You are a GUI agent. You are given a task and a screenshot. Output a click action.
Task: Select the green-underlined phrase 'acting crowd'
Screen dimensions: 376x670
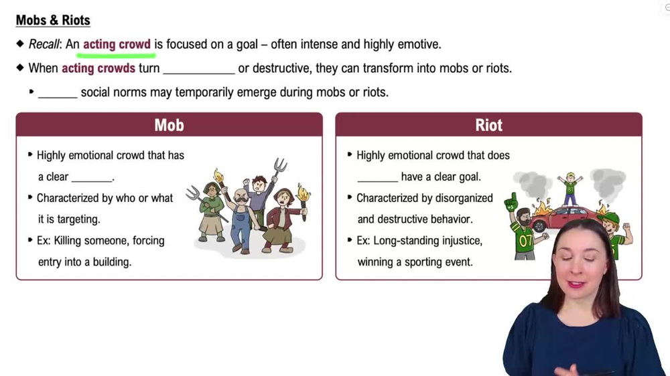tap(117, 45)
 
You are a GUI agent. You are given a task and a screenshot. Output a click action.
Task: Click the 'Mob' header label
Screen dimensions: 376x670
tap(169, 125)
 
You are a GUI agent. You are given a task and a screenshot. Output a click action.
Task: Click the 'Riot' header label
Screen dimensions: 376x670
tap(488, 125)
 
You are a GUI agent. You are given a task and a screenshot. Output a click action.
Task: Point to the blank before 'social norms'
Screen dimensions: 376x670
tap(58, 93)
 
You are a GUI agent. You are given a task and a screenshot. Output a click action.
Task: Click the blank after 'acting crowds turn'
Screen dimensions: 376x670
tap(199, 69)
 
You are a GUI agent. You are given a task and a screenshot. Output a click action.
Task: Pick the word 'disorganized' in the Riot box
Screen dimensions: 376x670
tap(459, 198)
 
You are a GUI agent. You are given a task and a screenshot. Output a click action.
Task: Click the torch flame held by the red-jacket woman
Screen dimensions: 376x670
tap(303, 193)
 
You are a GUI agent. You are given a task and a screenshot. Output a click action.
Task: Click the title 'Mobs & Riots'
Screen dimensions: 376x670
tap(53, 20)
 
